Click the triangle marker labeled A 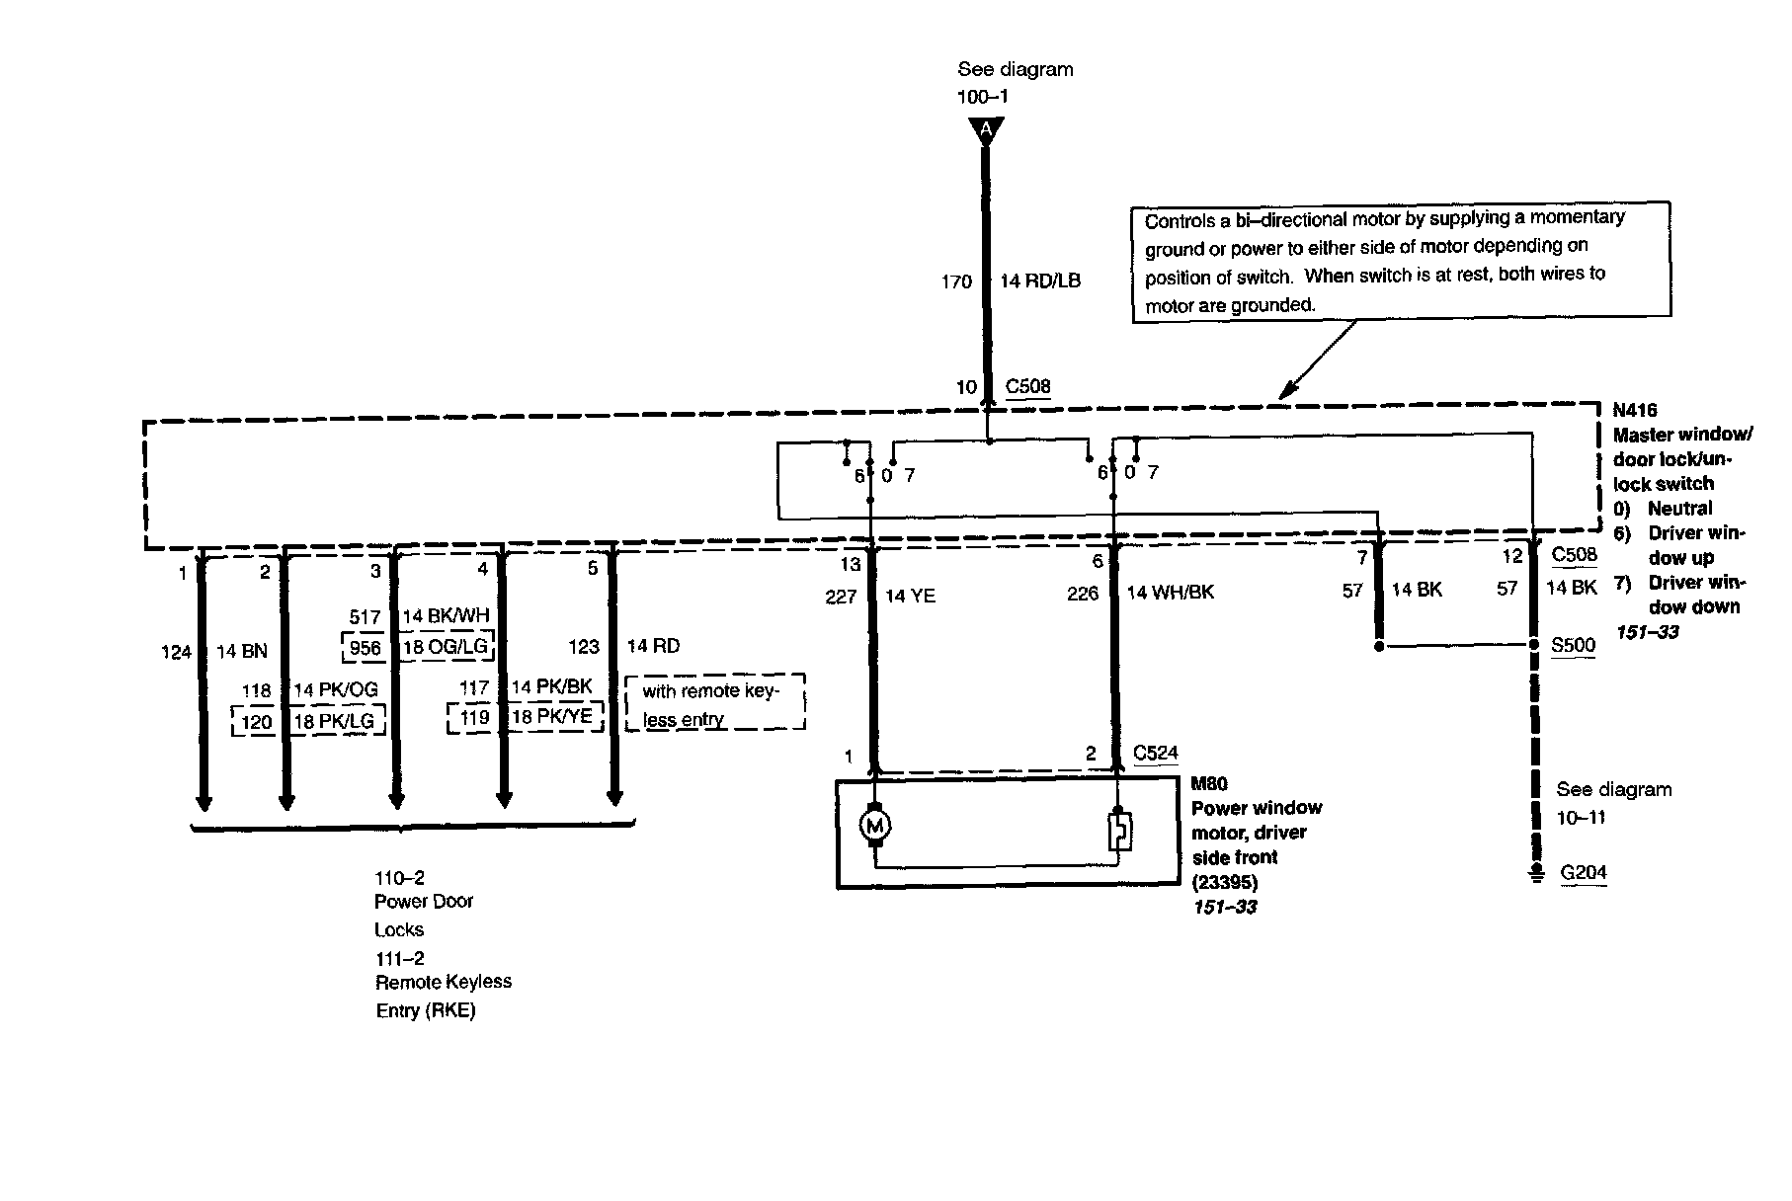pos(985,129)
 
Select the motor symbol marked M pos(874,825)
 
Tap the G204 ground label pos(1584,873)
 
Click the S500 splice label pos(1573,646)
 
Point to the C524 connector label pos(1155,754)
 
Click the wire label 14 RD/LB pos(1040,281)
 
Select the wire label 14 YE pos(910,596)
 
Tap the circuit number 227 pos(841,597)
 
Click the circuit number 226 pos(1083,594)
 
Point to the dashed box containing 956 pos(365,648)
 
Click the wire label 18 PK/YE pos(551,717)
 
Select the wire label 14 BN pos(241,652)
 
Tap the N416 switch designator pos(1635,410)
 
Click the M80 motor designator pos(1209,784)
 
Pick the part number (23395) pos(1225,882)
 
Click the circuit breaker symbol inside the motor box pos(1119,832)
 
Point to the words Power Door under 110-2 pos(424,902)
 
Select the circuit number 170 pos(956,282)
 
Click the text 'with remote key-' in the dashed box pos(710,691)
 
